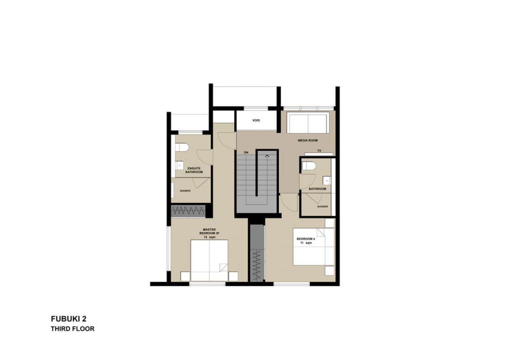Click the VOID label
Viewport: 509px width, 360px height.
(x=256, y=121)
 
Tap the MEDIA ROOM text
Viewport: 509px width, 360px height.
(x=308, y=141)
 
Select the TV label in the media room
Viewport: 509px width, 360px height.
(x=319, y=151)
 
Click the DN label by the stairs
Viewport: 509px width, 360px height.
(x=246, y=153)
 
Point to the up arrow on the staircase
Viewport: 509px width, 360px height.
(x=267, y=156)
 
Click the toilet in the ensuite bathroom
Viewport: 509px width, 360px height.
(x=182, y=148)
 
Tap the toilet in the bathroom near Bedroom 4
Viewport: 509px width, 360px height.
(x=309, y=166)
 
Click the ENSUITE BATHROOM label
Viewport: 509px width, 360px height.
(x=194, y=170)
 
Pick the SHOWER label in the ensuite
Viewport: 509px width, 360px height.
(x=186, y=191)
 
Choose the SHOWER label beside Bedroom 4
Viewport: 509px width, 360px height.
(x=323, y=207)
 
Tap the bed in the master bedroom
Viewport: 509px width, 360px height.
(x=209, y=260)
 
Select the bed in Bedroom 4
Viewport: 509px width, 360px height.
(x=314, y=247)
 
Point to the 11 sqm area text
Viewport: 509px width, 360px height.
(x=306, y=243)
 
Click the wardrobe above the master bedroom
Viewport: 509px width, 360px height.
(x=189, y=211)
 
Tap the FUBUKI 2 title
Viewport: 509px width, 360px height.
(x=68, y=319)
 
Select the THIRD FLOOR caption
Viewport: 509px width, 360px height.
(x=73, y=329)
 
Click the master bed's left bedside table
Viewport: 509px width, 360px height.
(x=186, y=276)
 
